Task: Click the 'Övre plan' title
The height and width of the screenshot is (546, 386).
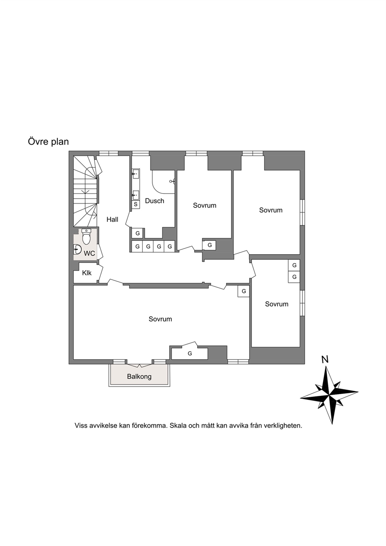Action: [x=48, y=142]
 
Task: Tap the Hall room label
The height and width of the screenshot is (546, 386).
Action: [x=112, y=219]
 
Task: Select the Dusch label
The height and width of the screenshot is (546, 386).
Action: [x=154, y=201]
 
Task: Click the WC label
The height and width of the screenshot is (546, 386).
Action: [x=89, y=253]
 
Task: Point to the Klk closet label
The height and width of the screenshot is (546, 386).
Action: [x=87, y=273]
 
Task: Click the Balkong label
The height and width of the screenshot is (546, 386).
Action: [x=139, y=377]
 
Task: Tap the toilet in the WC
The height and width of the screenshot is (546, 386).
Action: [x=86, y=237]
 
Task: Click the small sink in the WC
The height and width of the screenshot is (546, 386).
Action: [x=77, y=249]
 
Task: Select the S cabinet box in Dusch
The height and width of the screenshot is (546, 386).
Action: [x=136, y=204]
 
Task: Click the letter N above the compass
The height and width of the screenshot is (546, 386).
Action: [x=325, y=360]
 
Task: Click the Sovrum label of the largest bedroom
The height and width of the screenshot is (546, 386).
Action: [x=160, y=319]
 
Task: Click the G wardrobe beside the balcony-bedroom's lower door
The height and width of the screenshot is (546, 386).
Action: [x=189, y=353]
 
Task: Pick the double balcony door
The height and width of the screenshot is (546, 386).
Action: [x=139, y=365]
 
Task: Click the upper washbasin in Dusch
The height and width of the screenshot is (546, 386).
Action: [x=136, y=174]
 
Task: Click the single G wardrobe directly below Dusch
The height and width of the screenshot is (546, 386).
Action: [x=137, y=233]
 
